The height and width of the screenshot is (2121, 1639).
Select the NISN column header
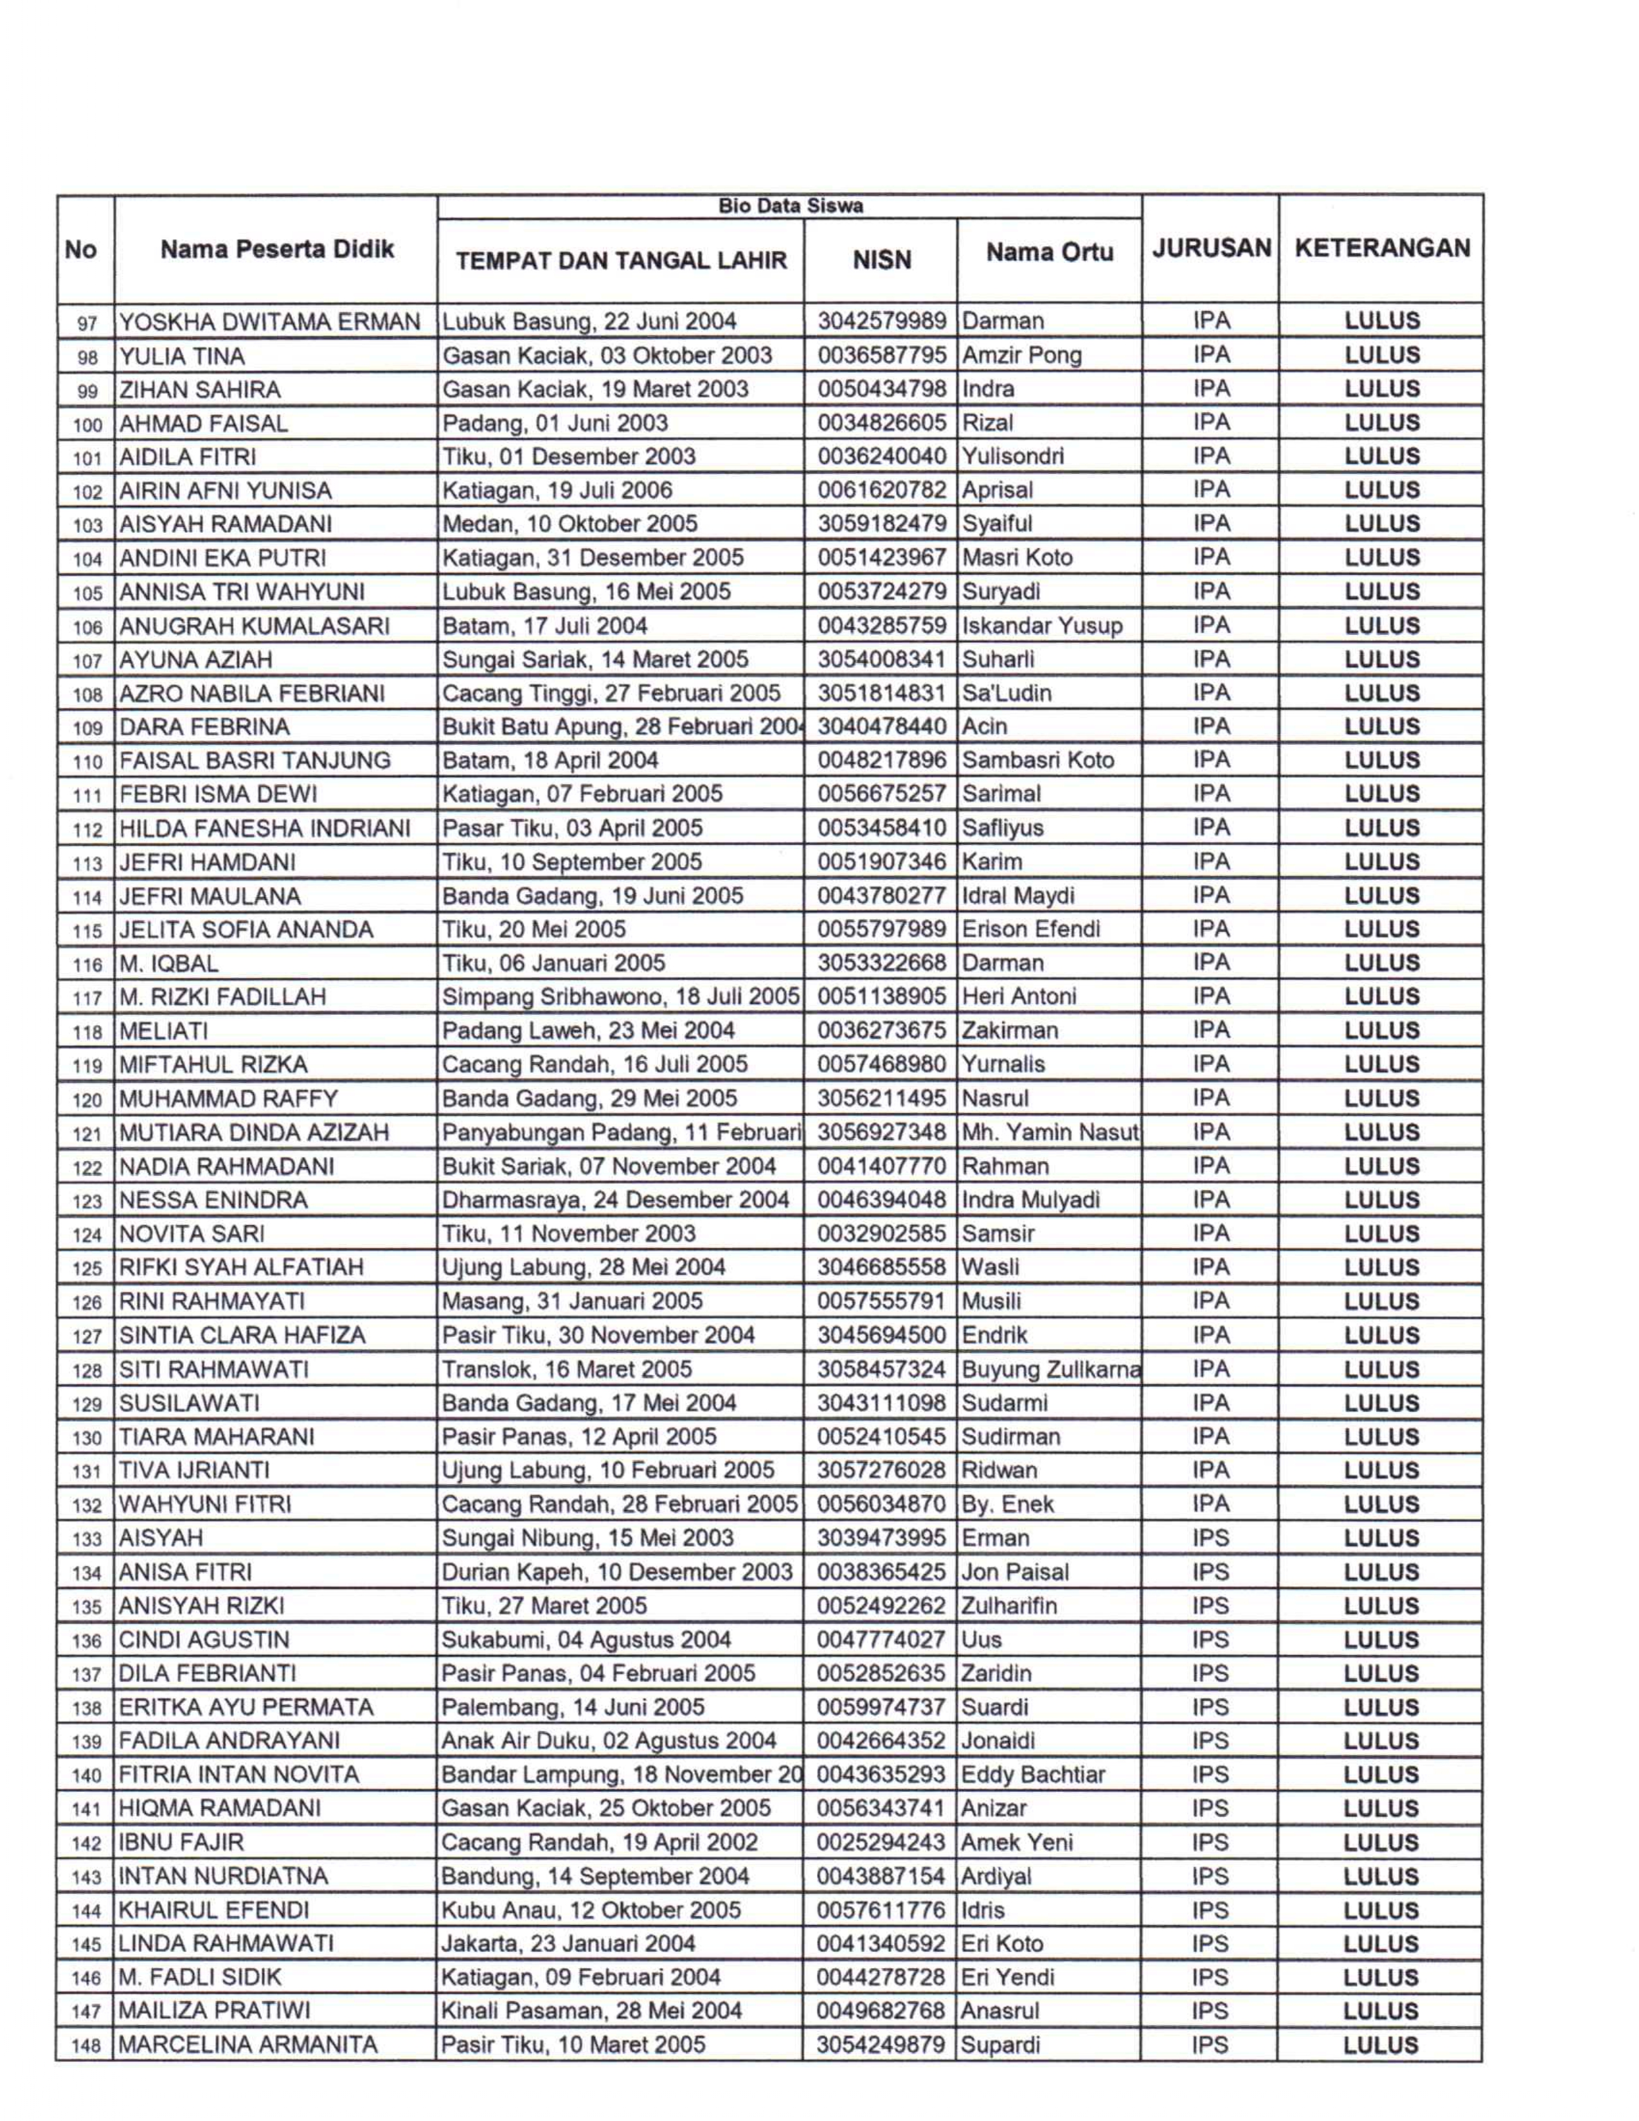coord(881,260)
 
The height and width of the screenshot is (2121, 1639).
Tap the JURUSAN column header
coord(1211,249)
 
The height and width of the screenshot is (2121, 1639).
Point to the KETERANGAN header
coord(1382,249)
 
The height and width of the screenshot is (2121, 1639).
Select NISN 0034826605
coord(881,422)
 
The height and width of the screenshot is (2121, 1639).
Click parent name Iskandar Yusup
coord(1042,625)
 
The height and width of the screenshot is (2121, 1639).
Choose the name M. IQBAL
coord(169,963)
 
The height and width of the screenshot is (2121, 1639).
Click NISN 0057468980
coord(881,1064)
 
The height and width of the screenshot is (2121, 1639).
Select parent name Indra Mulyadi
coord(1030,1201)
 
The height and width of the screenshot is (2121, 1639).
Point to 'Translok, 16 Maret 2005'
coord(567,1369)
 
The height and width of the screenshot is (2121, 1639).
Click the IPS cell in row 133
coord(1210,1538)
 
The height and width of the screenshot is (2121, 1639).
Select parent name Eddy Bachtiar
coord(1033,1775)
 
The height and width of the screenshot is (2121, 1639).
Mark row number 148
coord(86,2046)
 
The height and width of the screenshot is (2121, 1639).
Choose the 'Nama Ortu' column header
coord(1049,253)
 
